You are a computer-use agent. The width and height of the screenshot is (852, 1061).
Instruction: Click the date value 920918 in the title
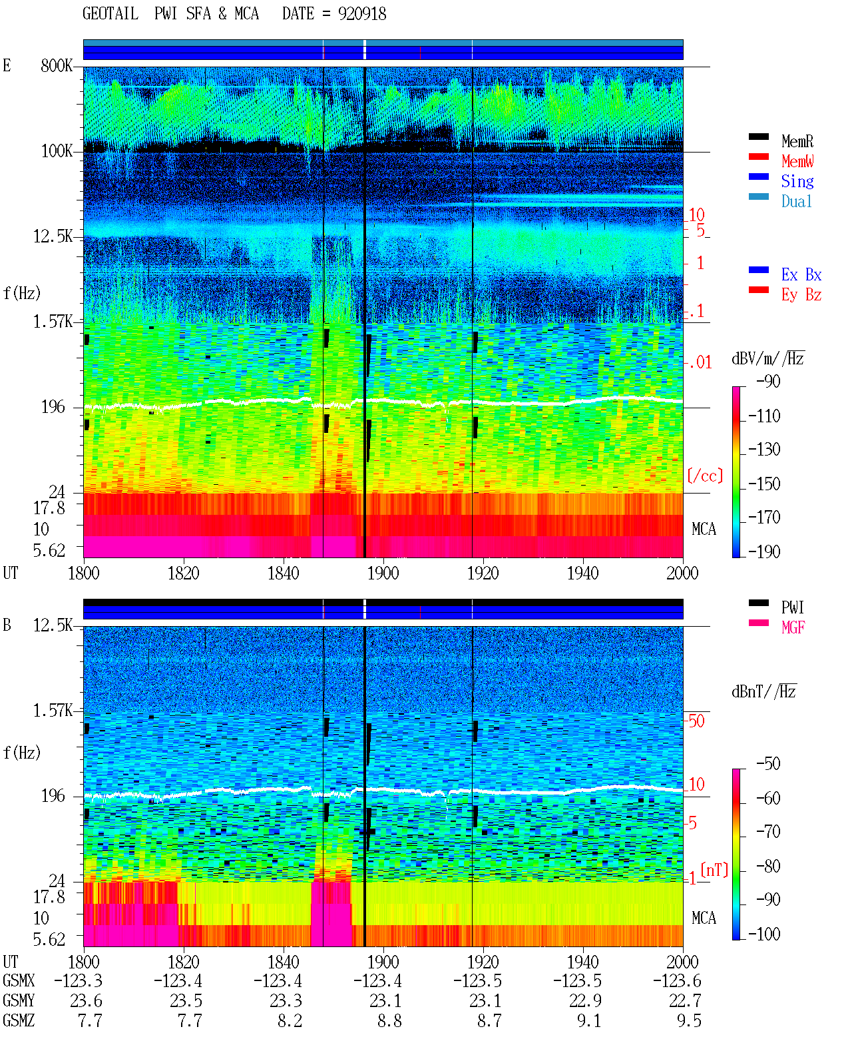(361, 14)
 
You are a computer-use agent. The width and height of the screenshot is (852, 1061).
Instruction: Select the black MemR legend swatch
(758, 137)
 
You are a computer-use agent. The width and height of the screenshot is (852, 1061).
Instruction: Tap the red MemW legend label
(797, 161)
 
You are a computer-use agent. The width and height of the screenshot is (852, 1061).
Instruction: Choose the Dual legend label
(796, 201)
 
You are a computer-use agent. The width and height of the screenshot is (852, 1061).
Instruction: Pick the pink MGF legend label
(793, 627)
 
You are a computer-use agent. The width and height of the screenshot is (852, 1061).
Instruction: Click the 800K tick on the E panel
(57, 65)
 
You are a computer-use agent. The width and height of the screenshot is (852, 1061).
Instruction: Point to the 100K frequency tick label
(57, 151)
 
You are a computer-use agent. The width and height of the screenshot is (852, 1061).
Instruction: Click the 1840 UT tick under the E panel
(284, 573)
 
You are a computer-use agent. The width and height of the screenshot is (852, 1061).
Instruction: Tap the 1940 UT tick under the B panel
(583, 961)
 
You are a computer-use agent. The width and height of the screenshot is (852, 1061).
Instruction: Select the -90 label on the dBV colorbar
(768, 381)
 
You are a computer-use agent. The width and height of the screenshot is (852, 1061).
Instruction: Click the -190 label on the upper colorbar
(764, 551)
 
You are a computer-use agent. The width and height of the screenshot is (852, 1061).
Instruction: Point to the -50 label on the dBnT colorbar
(768, 764)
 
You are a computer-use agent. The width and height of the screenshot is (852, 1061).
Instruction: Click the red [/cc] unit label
(705, 476)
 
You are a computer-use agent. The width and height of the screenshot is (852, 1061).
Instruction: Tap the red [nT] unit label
(714, 870)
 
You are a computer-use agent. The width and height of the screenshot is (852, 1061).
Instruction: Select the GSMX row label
(19, 980)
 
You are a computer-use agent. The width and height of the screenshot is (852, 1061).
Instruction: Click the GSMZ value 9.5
(689, 1020)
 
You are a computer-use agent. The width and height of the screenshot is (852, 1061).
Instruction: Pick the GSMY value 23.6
(86, 1001)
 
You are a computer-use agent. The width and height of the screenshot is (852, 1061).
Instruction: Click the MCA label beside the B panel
(704, 918)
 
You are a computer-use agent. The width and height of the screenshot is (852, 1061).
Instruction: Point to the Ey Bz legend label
(801, 295)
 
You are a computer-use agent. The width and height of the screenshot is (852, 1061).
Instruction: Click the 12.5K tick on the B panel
(53, 625)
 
